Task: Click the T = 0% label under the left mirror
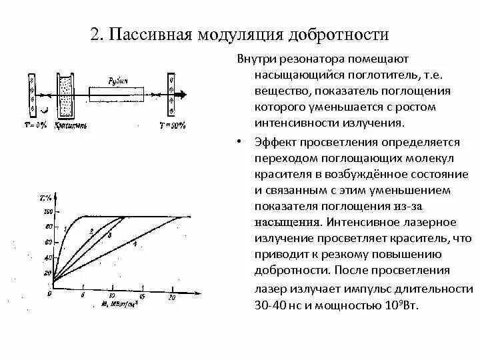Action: point(35,124)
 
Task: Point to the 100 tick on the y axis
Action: point(47,212)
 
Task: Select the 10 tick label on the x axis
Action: point(111,295)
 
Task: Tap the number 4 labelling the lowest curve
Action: point(135,244)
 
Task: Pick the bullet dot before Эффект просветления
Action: point(240,142)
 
